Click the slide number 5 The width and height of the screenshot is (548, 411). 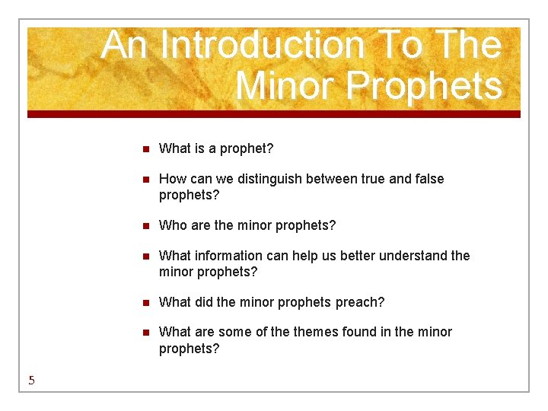click(31, 381)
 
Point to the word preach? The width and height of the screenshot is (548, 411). click(360, 302)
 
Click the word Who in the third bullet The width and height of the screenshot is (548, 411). click(172, 225)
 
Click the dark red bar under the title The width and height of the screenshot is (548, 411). click(274, 114)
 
